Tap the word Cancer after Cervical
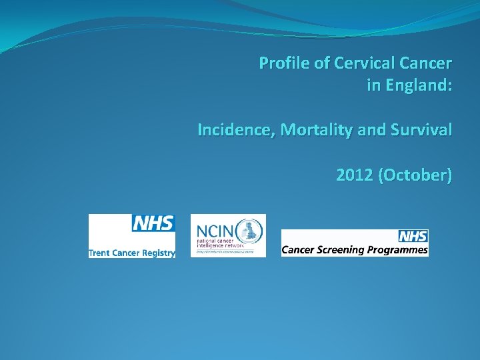426,63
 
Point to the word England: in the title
416,85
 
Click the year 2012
355,175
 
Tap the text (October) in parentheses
415,175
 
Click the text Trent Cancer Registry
132,253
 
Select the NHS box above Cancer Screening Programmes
413,236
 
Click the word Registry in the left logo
159,253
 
